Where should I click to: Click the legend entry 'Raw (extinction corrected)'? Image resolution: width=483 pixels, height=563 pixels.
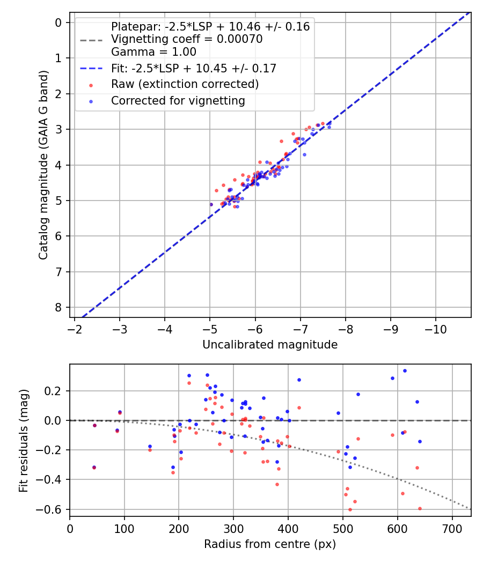click(x=185, y=85)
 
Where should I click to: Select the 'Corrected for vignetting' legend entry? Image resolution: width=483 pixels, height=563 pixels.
click(x=178, y=101)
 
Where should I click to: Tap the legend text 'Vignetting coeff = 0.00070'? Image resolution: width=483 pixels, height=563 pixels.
click(x=187, y=39)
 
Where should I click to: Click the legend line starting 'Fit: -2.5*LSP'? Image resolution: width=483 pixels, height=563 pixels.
click(x=193, y=69)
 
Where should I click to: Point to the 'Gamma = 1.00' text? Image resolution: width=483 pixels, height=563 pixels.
click(x=153, y=52)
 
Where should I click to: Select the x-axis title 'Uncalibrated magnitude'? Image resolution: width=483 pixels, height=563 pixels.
click(x=270, y=345)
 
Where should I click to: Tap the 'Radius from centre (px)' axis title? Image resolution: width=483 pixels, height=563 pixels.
click(x=270, y=544)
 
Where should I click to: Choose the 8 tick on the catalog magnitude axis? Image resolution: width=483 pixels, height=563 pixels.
click(x=58, y=307)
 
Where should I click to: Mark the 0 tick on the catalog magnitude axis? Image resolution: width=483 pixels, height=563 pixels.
click(x=58, y=22)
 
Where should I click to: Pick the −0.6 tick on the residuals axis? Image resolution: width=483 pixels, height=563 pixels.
click(x=53, y=509)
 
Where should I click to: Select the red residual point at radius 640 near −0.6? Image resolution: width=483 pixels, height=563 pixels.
click(x=420, y=508)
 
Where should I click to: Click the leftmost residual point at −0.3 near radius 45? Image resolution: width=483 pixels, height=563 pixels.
click(x=94, y=468)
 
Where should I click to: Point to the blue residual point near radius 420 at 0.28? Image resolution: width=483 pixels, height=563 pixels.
click(x=299, y=380)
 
